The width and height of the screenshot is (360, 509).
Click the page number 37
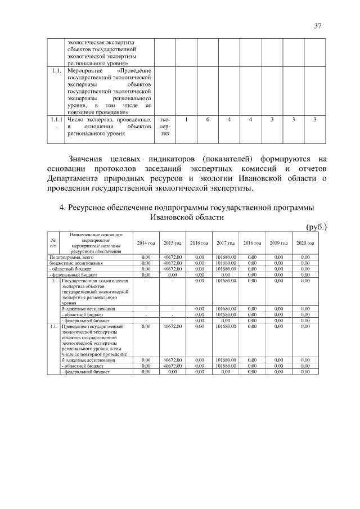point(317,26)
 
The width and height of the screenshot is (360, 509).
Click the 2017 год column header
point(226,242)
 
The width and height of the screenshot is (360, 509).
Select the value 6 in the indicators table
point(208,119)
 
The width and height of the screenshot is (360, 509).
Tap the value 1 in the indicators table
point(186,119)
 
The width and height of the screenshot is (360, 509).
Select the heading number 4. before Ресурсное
point(63,208)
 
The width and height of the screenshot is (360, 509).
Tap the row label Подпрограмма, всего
point(70,257)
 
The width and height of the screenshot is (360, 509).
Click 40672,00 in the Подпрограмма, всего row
point(173,257)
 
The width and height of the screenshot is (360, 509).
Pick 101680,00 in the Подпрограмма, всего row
point(226,257)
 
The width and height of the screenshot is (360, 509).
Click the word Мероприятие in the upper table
point(85,72)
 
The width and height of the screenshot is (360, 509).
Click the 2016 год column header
point(199,242)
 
